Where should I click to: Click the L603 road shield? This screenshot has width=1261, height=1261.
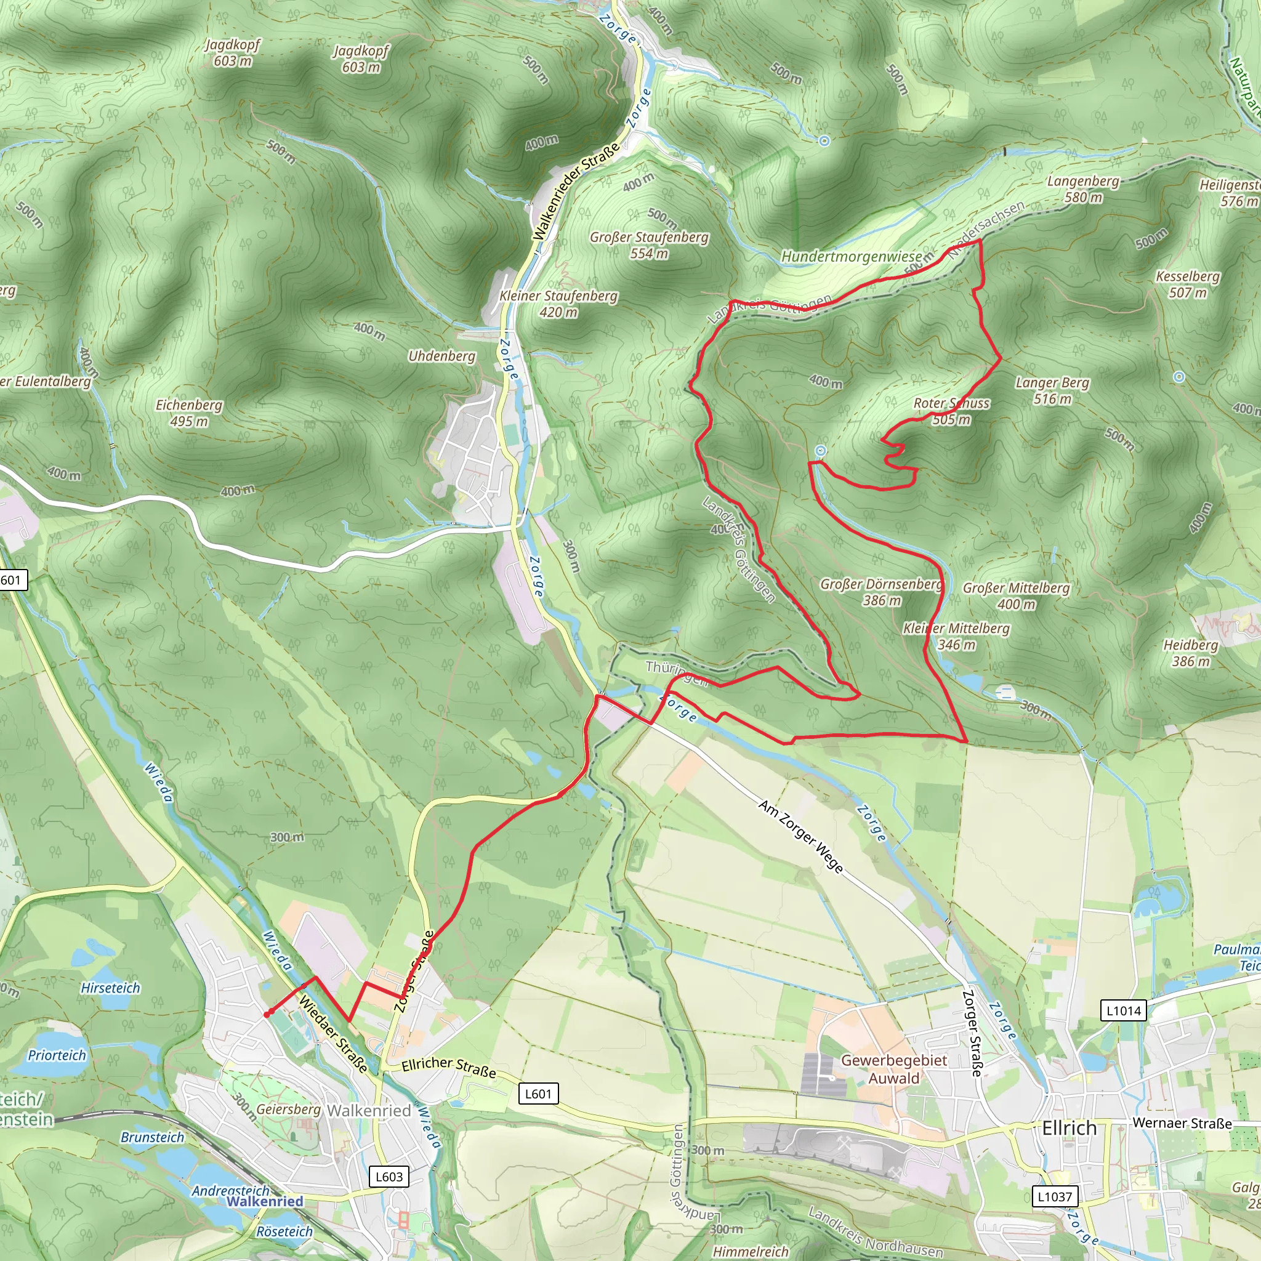389,1176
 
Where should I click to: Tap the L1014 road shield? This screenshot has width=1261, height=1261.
1123,1011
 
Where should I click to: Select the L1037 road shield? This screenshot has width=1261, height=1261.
1055,1196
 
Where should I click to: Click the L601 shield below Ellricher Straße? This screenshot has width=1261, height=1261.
539,1094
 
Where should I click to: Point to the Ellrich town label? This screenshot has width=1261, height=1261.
1069,1128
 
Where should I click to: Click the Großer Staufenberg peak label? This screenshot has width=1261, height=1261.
649,245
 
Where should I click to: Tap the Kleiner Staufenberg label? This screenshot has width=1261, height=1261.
558,304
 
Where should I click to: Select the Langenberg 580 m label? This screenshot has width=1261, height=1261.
1083,188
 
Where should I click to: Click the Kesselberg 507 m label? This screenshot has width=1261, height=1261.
1187,284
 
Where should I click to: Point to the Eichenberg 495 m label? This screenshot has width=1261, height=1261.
188,413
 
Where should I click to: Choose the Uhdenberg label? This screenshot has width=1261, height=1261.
441,356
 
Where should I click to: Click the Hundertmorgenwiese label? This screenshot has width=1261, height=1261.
851,257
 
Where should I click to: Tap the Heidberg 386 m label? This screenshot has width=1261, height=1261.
1191,653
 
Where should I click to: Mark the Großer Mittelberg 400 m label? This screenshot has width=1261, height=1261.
1016,595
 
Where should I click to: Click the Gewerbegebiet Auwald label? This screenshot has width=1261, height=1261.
893,1069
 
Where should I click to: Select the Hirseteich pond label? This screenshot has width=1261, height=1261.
110,988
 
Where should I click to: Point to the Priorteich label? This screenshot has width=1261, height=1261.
57,1055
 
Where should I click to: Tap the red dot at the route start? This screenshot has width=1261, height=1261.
267,1013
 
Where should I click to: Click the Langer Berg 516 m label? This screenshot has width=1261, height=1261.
1052,390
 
